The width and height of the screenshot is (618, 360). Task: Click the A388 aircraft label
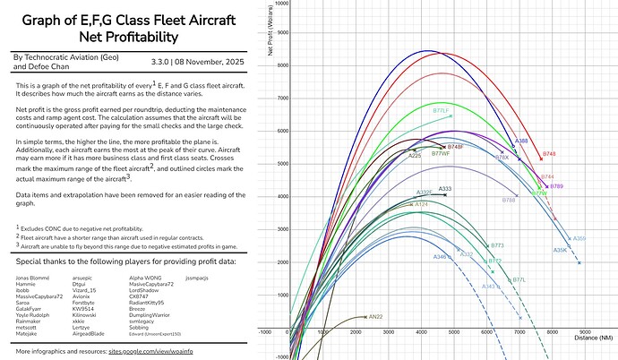coord(520,141)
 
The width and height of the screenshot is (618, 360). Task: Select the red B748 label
coord(549,154)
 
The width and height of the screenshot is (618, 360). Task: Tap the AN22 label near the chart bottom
coord(375,317)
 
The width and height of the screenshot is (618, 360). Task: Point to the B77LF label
coord(442,111)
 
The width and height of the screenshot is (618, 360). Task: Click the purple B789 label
coord(556,185)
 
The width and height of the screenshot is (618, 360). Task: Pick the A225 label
coord(415,156)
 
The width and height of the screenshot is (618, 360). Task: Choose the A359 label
coord(579,238)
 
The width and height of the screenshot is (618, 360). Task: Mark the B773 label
coord(497,244)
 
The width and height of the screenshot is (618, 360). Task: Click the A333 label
coord(445,189)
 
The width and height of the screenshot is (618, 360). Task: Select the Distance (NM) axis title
coord(595,338)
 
